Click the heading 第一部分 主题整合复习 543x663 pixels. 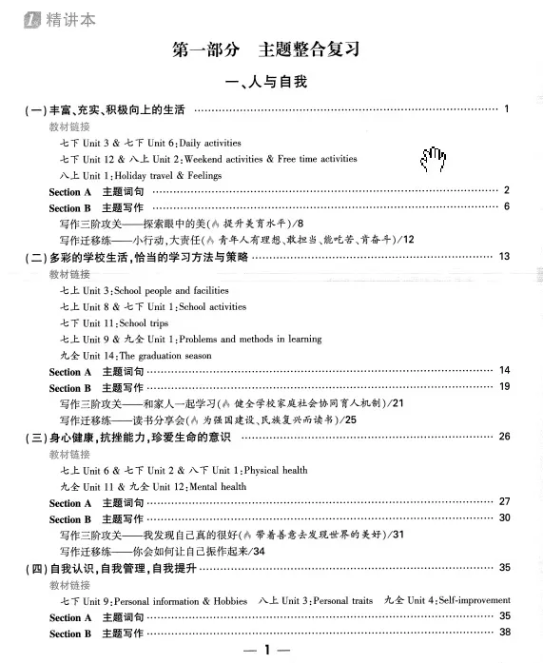272,49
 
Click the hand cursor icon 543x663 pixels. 433,160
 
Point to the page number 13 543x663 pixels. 504,257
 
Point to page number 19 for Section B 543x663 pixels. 504,386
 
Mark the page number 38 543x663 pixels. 504,633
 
